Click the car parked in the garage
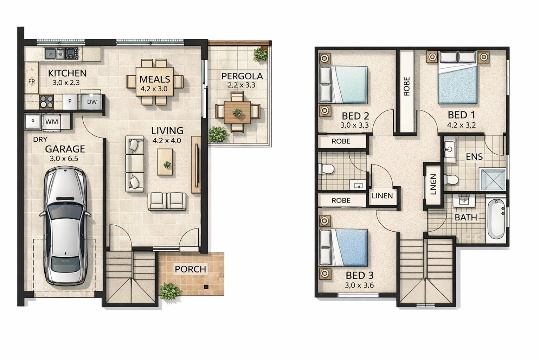click(x=65, y=225)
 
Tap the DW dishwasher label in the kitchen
click(x=92, y=102)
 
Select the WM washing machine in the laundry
click(x=52, y=122)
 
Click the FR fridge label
click(x=32, y=82)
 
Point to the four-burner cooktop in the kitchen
click(x=46, y=102)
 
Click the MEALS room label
click(x=155, y=79)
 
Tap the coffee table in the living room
click(x=165, y=162)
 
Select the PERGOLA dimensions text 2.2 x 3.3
click(x=241, y=85)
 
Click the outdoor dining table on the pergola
click(x=237, y=112)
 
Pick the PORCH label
click(x=191, y=269)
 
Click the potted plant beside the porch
click(x=170, y=291)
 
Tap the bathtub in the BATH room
click(x=496, y=219)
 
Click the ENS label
click(x=474, y=157)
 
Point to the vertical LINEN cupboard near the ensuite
click(x=433, y=185)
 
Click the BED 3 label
click(x=359, y=275)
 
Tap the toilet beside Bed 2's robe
click(x=326, y=169)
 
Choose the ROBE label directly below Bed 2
click(x=341, y=141)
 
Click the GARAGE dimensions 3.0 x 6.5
click(x=64, y=159)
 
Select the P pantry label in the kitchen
click(x=70, y=101)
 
